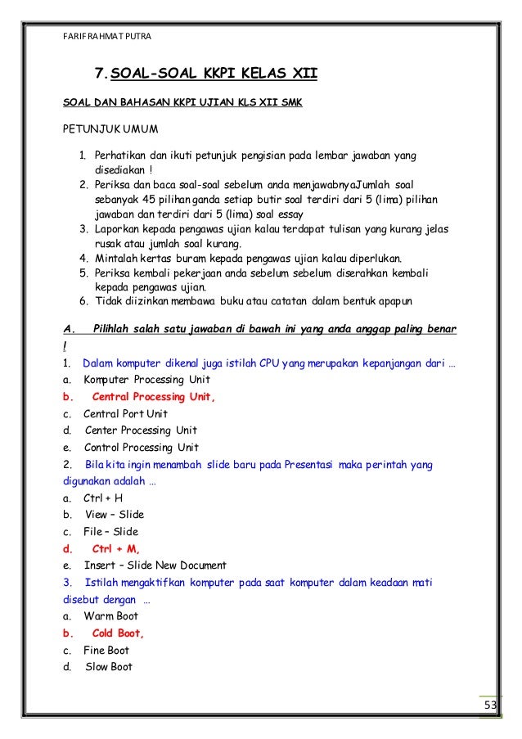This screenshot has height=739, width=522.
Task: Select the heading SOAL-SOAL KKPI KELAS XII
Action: pyautogui.click(x=214, y=77)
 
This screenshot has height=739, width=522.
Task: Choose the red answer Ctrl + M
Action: pyautogui.click(x=115, y=548)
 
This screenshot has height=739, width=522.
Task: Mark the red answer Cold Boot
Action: pyautogui.click(x=118, y=633)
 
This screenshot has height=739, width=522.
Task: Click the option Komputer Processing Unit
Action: pyautogui.click(x=146, y=380)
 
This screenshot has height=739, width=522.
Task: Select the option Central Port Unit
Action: pyautogui.click(x=125, y=414)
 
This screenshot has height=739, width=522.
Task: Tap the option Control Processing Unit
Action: pyautogui.click(x=141, y=448)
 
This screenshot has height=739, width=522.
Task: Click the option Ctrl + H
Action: pyautogui.click(x=103, y=498)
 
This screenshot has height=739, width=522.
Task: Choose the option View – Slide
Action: pyautogui.click(x=114, y=515)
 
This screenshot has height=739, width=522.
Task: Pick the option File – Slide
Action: pyautogui.click(x=110, y=532)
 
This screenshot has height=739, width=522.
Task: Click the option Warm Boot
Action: pyautogui.click(x=110, y=616)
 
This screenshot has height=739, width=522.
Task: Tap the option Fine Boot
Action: pyautogui.click(x=106, y=650)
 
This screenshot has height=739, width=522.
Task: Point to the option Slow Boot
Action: pyautogui.click(x=108, y=667)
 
